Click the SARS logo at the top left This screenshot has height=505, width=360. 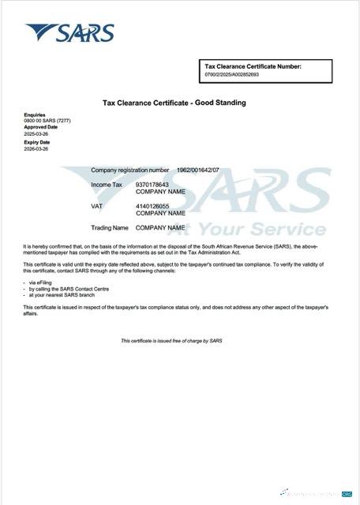pos(69,32)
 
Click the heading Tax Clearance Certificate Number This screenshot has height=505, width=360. pos(253,67)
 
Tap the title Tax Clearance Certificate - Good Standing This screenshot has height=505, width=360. pos(174,103)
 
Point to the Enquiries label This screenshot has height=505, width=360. pos(35,114)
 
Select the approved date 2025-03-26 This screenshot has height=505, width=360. pos(36,133)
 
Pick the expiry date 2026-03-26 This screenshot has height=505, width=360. pos(36,148)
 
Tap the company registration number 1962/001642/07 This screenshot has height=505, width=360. pos(198,170)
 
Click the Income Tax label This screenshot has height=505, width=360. pos(107,185)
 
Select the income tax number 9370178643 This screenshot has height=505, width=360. pos(152,185)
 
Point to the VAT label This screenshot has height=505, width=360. pos(97,206)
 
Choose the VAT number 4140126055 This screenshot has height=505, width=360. pos(152,206)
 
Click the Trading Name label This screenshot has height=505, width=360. pos(110,227)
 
